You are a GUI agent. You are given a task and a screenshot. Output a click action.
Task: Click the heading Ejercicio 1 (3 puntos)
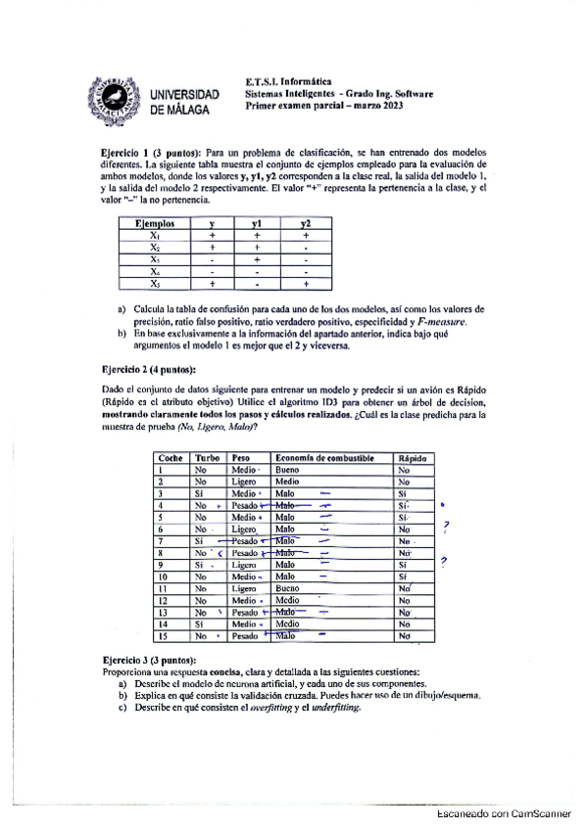[x=148, y=155]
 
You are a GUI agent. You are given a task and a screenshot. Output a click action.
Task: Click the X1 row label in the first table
[x=155, y=235]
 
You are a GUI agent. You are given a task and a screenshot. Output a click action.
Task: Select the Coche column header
[x=171, y=458]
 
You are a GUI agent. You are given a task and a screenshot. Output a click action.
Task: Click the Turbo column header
[x=207, y=458]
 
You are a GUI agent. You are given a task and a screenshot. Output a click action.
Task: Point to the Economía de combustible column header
[x=320, y=458]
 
